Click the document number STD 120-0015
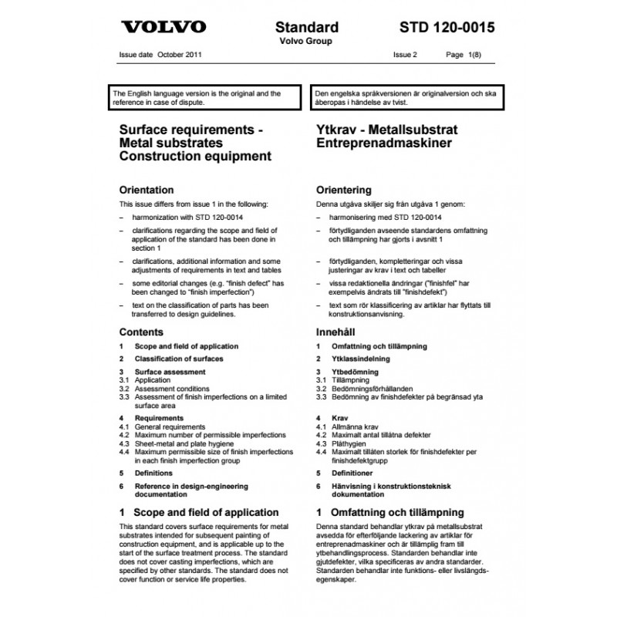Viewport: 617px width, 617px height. pyautogui.click(x=448, y=28)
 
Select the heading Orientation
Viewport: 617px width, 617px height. pyautogui.click(x=147, y=190)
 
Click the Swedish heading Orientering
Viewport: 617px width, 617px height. pyautogui.click(x=344, y=190)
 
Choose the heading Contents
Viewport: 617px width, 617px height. pyautogui.click(x=141, y=332)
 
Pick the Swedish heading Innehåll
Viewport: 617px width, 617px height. pyautogui.click(x=337, y=332)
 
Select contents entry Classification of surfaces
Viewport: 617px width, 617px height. pyautogui.click(x=179, y=359)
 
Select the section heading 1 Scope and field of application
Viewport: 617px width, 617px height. pyautogui.click(x=199, y=511)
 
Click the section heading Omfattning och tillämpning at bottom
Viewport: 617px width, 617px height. pyautogui.click(x=397, y=511)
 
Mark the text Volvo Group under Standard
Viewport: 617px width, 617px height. pyautogui.click(x=305, y=41)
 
